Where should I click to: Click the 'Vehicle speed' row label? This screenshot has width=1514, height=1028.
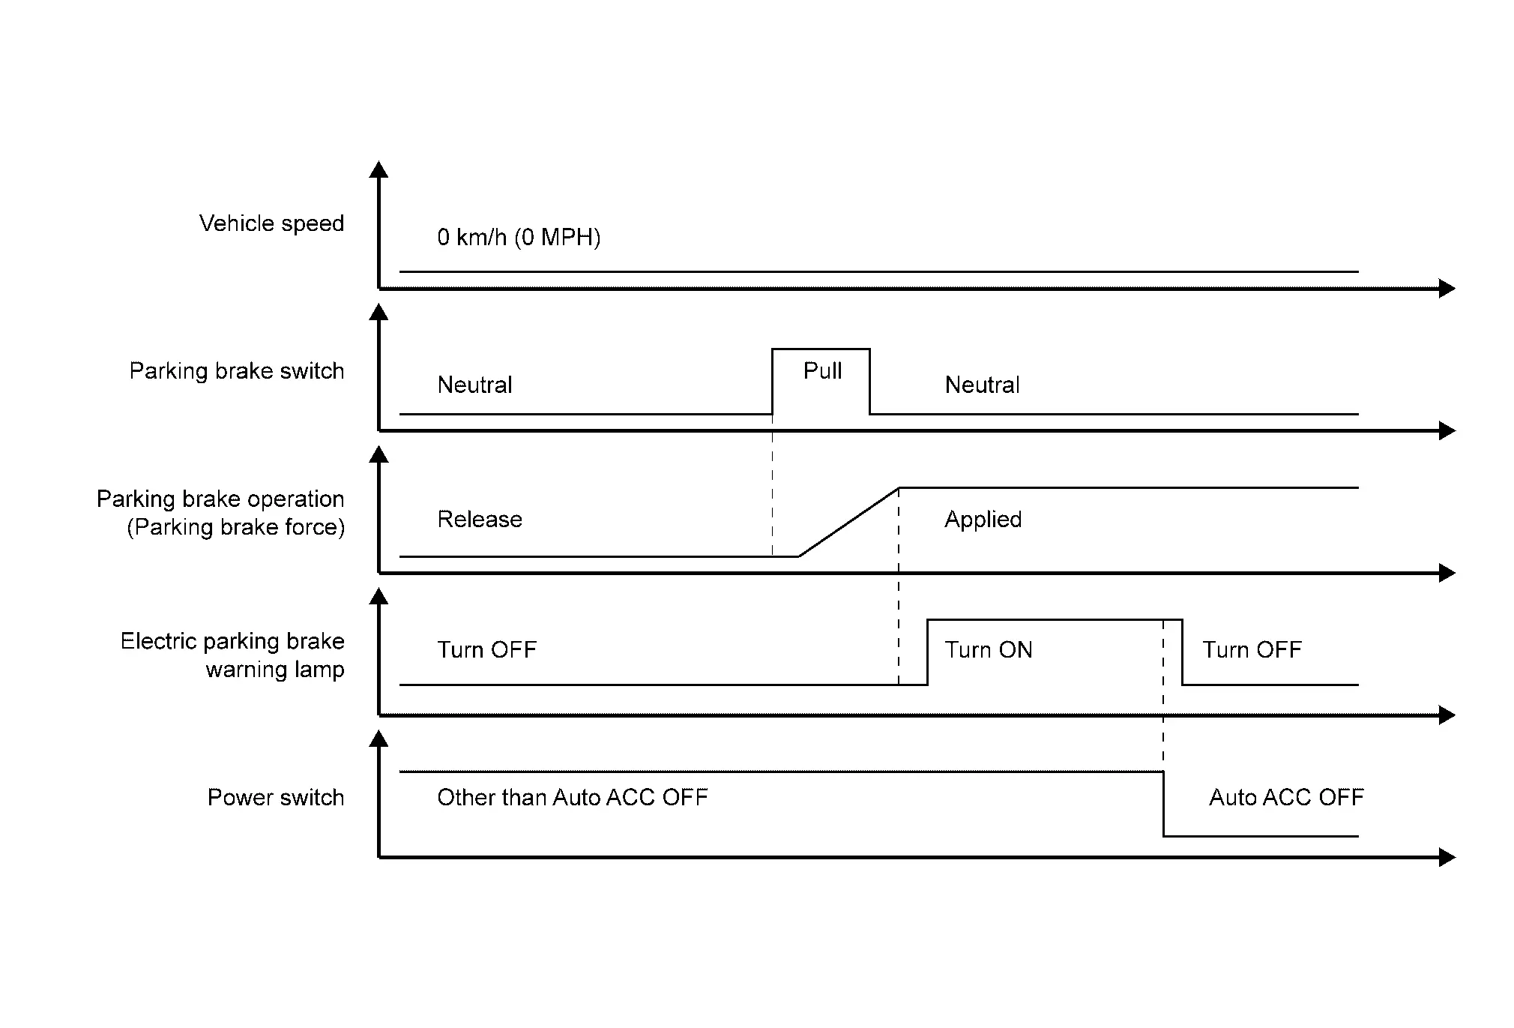click(271, 223)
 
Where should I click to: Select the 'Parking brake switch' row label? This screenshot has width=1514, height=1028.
click(237, 370)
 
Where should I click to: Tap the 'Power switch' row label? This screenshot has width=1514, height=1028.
click(276, 797)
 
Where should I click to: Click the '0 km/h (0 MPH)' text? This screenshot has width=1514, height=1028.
click(519, 238)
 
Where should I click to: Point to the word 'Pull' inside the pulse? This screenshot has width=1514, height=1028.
click(822, 370)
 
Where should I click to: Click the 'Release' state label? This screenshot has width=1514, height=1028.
click(480, 519)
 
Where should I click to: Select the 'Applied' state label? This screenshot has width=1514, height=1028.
click(983, 520)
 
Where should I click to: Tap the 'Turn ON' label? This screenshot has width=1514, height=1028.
click(989, 649)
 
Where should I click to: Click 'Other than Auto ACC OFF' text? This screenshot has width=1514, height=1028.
click(573, 797)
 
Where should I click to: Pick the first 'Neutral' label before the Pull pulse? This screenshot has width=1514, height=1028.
click(474, 385)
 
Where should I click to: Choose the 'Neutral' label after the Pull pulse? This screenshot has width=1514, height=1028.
click(982, 385)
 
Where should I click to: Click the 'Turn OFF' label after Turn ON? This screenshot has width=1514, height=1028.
click(1252, 649)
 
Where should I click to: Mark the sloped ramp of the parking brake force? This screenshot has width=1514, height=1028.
click(848, 523)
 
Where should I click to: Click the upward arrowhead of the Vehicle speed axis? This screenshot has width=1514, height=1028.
click(379, 169)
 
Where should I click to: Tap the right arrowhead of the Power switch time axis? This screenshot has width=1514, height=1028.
click(1447, 857)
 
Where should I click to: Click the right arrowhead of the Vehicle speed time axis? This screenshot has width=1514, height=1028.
click(1447, 288)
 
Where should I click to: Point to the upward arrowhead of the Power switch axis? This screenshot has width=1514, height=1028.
click(379, 738)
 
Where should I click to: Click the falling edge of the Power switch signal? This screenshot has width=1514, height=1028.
click(1164, 804)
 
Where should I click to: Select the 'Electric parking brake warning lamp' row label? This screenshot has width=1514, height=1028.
click(232, 655)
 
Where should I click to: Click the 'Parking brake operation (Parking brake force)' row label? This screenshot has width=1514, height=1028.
click(220, 513)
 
